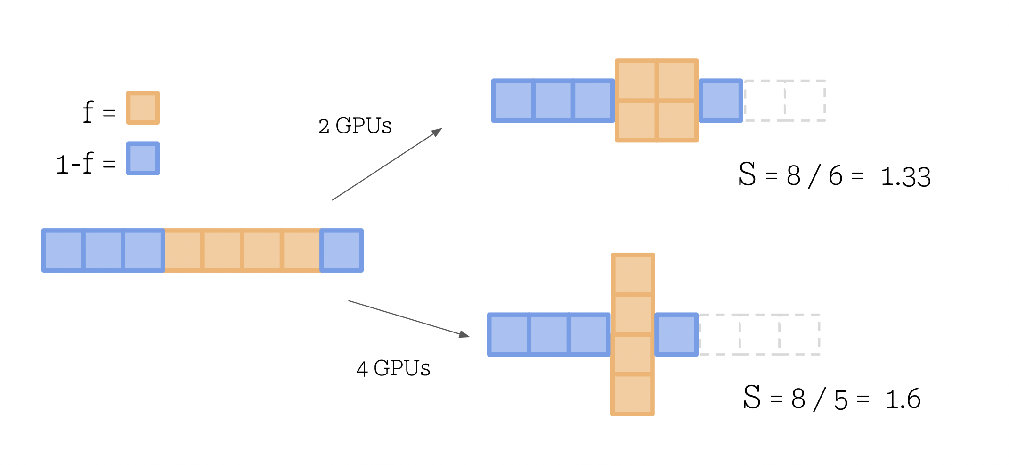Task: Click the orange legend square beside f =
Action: pyautogui.click(x=143, y=108)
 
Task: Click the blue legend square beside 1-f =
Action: pyautogui.click(x=143, y=158)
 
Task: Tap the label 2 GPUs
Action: pyautogui.click(x=355, y=126)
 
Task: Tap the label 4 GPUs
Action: pyautogui.click(x=393, y=368)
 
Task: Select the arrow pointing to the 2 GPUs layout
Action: pyautogui.click(x=387, y=164)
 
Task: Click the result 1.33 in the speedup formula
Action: pyautogui.click(x=905, y=177)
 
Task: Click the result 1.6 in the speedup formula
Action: pyautogui.click(x=903, y=399)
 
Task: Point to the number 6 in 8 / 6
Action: pyautogui.click(x=836, y=176)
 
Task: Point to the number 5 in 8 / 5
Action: pyautogui.click(x=841, y=400)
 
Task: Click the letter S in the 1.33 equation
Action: pyautogui.click(x=747, y=174)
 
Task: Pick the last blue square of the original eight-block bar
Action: pyautogui.click(x=342, y=250)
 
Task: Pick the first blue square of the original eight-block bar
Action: pyautogui.click(x=63, y=250)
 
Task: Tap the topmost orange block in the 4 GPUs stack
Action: pyautogui.click(x=633, y=274)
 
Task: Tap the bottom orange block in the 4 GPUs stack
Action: pyautogui.click(x=633, y=395)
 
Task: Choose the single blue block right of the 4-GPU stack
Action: pyautogui.click(x=676, y=334)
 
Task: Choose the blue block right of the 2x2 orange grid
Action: pyautogui.click(x=721, y=100)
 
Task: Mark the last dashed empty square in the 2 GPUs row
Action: pyautogui.click(x=805, y=100)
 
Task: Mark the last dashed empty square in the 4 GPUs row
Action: pyautogui.click(x=800, y=334)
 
